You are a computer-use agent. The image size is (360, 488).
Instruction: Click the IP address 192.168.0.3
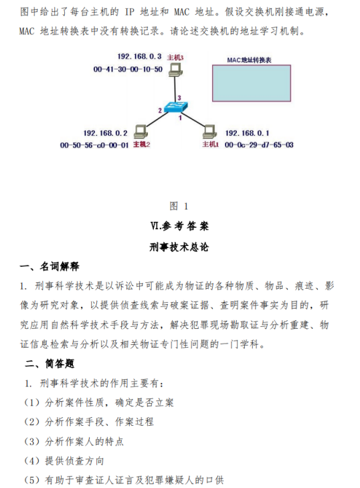tap(139, 57)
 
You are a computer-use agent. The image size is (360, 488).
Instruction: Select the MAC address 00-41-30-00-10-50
tap(128, 69)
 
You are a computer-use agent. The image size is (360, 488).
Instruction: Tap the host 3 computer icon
tap(175, 71)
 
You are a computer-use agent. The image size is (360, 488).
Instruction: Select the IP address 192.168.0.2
tap(105, 132)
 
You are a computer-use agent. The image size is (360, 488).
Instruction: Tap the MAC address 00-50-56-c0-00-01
tap(94, 144)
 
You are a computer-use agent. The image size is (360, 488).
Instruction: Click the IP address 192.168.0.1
tap(248, 132)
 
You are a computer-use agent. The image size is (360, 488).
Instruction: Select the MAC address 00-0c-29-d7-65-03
tap(259, 144)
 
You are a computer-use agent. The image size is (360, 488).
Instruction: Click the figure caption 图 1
tap(179, 206)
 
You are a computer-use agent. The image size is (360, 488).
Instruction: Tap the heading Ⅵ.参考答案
tap(179, 226)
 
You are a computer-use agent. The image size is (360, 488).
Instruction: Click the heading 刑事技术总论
tap(179, 247)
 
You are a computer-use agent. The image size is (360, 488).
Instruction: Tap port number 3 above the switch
tap(179, 98)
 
